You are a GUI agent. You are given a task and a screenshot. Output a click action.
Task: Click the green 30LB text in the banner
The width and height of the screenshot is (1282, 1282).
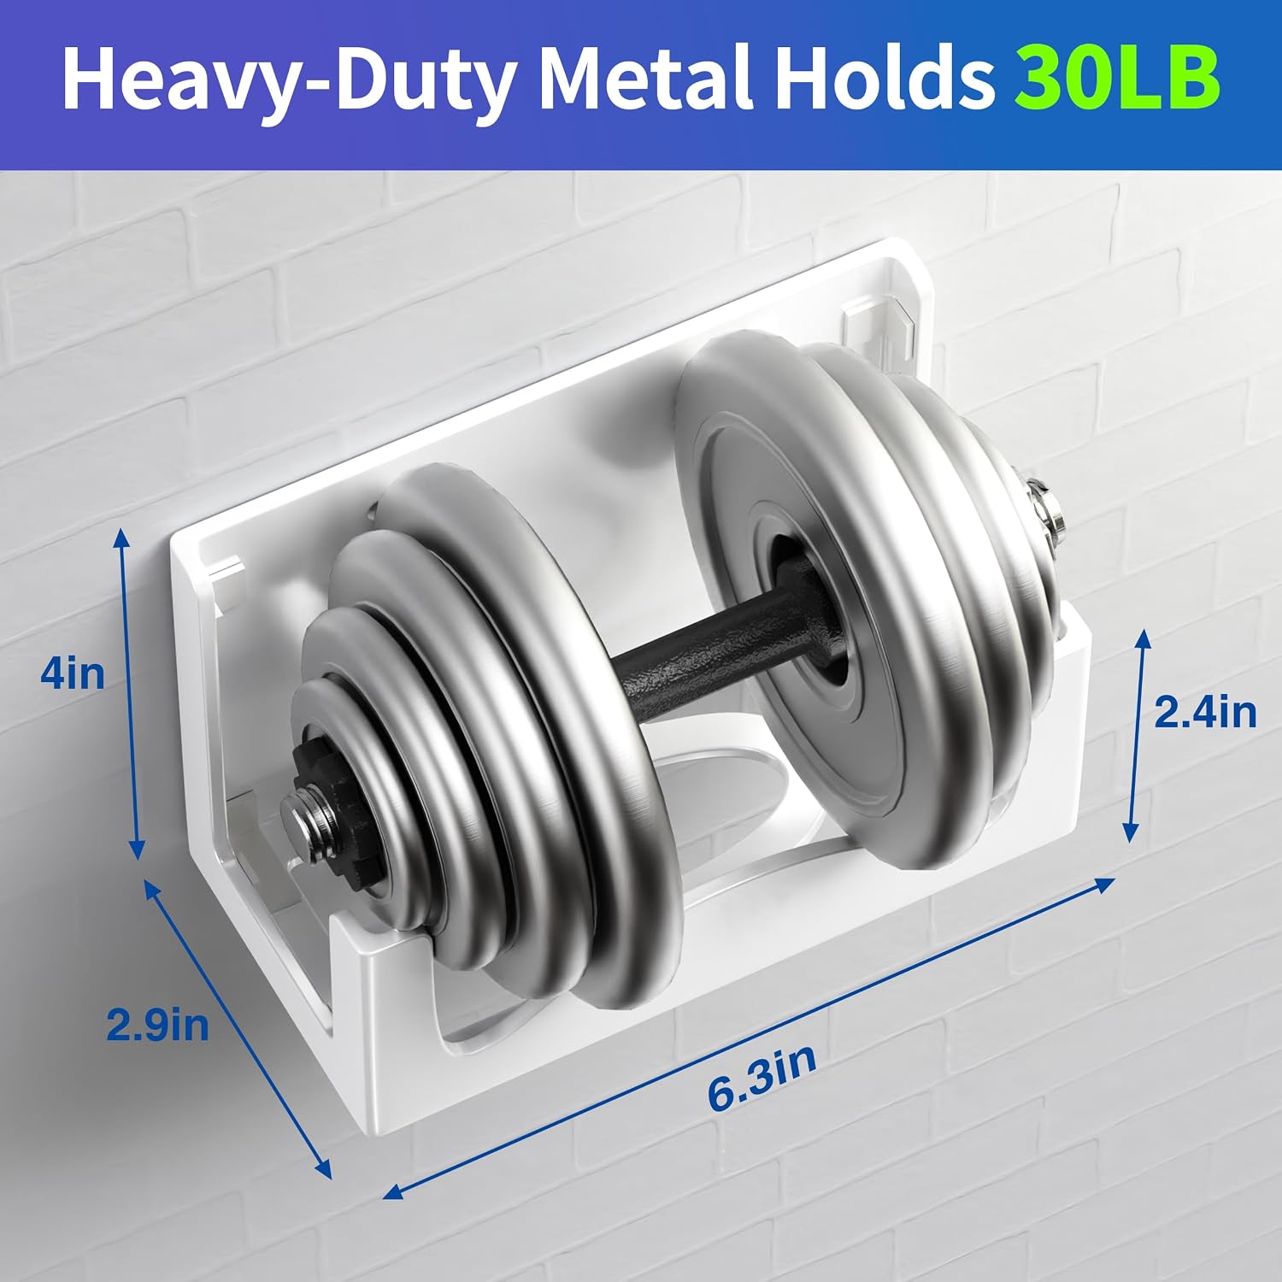tap(1117, 79)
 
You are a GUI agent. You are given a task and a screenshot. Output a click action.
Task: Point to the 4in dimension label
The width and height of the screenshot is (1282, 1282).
tap(73, 674)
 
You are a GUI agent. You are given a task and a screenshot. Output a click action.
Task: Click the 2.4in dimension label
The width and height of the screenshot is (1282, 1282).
tap(1205, 712)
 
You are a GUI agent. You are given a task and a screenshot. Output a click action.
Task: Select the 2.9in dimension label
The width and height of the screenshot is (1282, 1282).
tap(157, 1024)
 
